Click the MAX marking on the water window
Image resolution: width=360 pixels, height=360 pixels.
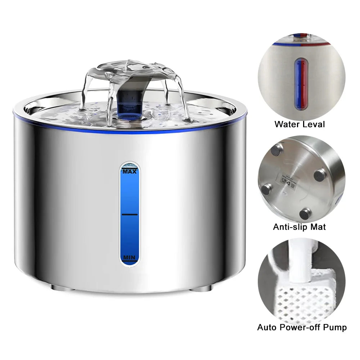point(130,172)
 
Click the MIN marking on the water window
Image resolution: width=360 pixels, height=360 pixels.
point(129,257)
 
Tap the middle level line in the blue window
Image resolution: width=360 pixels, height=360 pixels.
point(130,214)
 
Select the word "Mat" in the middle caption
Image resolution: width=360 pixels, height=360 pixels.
point(319,227)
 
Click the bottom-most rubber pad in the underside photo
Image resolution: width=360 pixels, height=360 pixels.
point(305,213)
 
